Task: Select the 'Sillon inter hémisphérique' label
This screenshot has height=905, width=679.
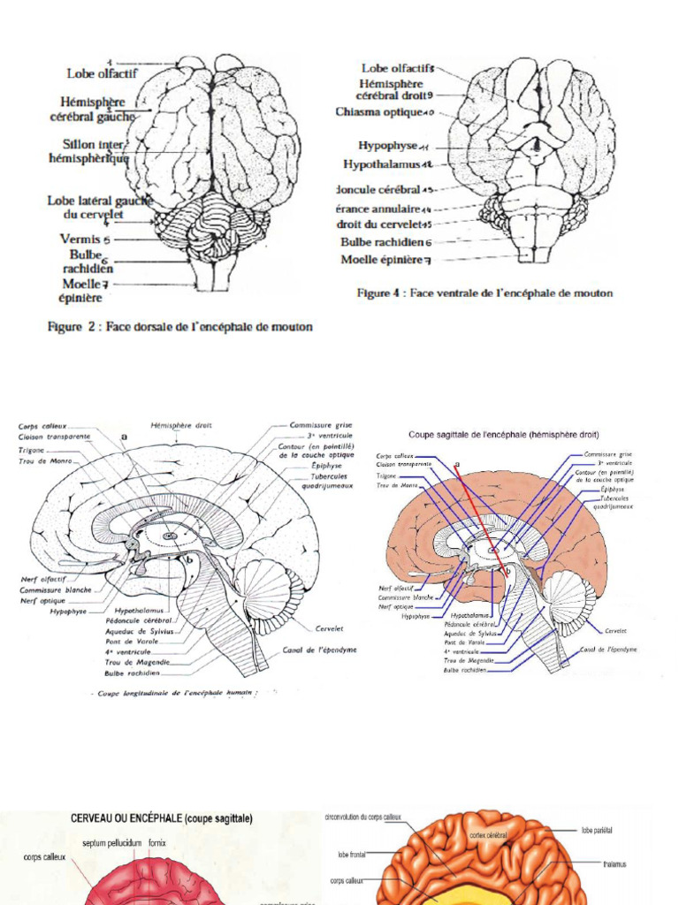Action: click(x=87, y=151)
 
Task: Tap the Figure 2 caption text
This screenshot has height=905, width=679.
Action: click(x=179, y=326)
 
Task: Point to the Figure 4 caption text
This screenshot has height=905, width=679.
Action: click(x=484, y=293)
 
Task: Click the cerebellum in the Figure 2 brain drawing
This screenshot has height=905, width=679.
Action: click(x=212, y=225)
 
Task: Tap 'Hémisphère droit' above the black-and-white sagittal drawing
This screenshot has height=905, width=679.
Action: click(x=181, y=425)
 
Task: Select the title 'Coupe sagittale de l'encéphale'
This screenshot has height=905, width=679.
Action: click(x=503, y=435)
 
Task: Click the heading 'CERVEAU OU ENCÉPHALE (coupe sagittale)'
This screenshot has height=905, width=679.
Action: click(x=162, y=819)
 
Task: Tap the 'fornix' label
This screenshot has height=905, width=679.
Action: click(x=157, y=843)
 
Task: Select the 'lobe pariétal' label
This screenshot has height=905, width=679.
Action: click(x=598, y=831)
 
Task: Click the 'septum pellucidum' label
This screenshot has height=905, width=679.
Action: click(x=114, y=843)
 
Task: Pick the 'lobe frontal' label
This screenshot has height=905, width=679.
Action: click(x=350, y=855)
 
